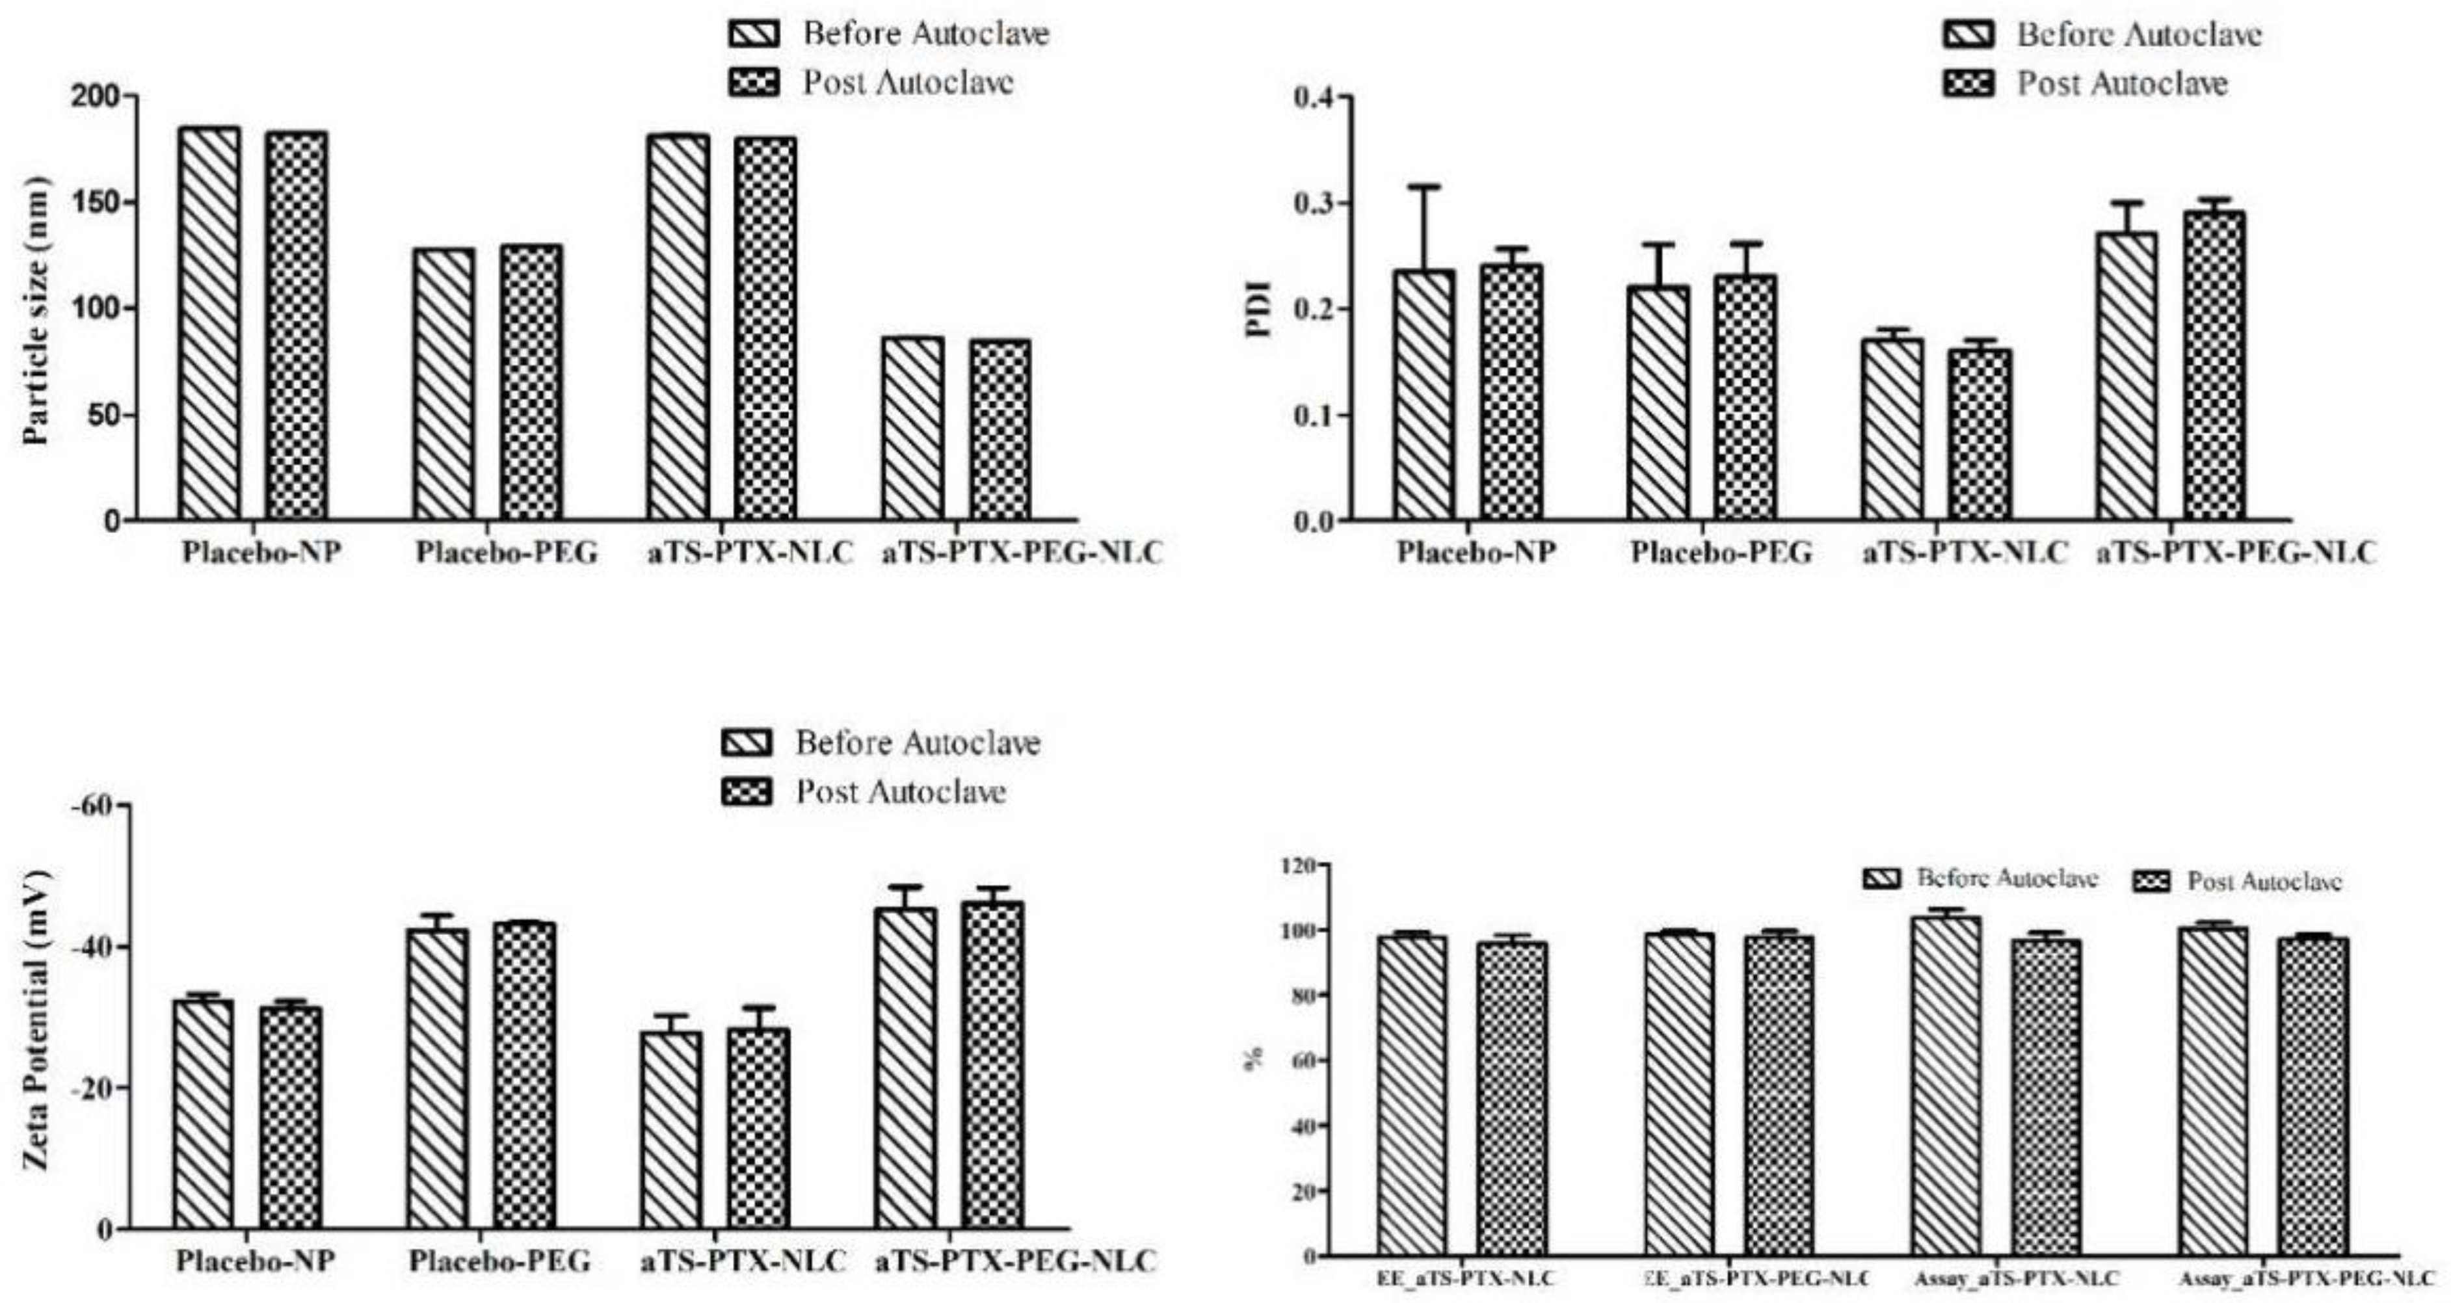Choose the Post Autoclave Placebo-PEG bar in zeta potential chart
pyautogui.click(x=523, y=1075)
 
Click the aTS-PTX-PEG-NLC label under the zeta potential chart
pyautogui.click(x=1015, y=1262)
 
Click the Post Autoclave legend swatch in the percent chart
pyautogui.click(x=2153, y=882)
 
